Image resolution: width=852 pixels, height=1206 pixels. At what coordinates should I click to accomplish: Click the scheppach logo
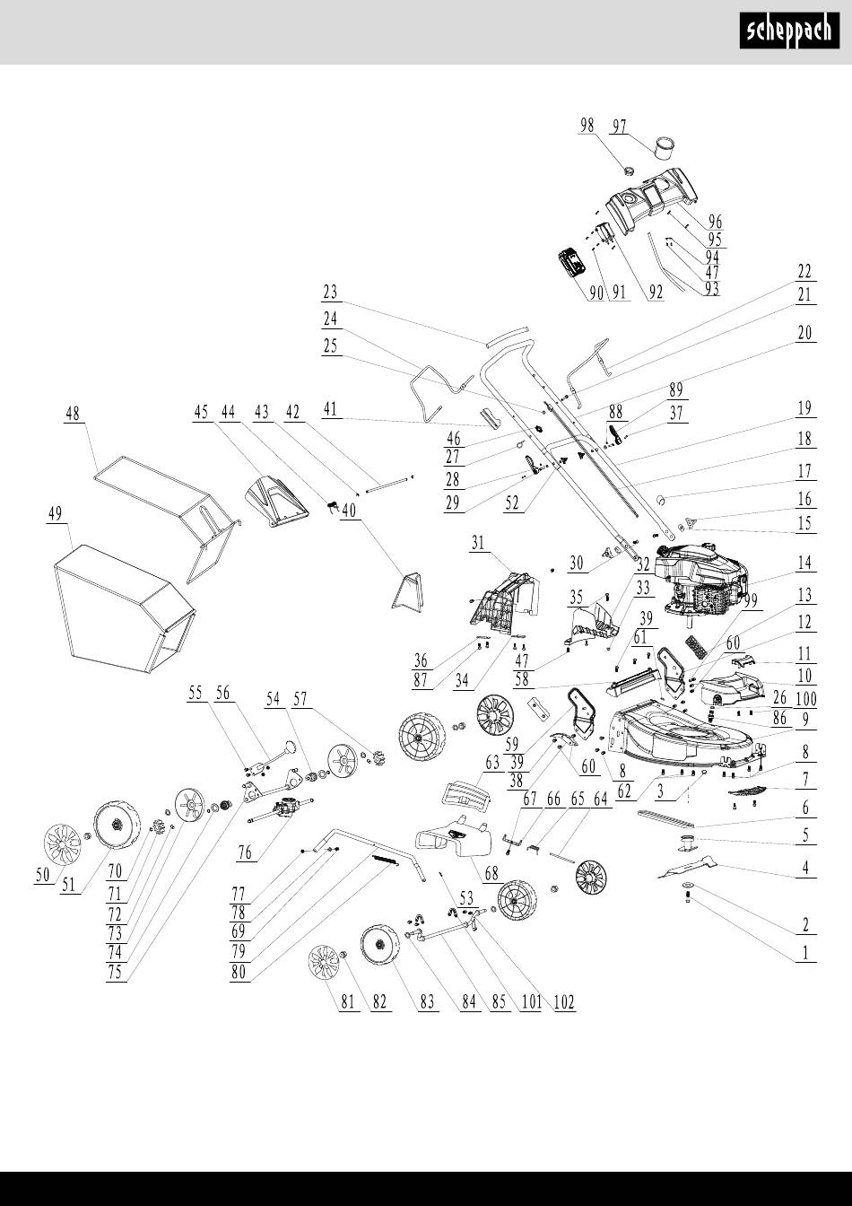(x=789, y=33)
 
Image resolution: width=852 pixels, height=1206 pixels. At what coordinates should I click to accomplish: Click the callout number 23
(x=330, y=292)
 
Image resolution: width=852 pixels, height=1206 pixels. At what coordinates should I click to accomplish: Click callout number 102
(x=563, y=1002)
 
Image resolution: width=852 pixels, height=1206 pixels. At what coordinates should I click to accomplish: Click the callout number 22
(x=804, y=271)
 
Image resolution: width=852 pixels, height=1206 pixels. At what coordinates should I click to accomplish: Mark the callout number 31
(x=478, y=543)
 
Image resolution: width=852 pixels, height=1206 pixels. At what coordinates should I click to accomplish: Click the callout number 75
(x=114, y=974)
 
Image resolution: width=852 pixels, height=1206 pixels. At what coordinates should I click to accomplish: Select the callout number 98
(x=587, y=127)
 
